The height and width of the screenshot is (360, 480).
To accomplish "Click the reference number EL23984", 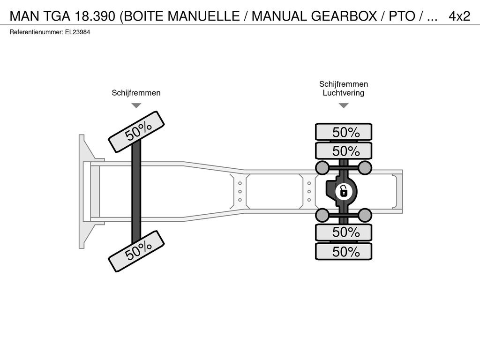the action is [77, 32].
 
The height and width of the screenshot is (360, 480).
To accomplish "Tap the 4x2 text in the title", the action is [459, 16].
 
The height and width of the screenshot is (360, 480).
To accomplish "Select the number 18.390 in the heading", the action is [95, 16].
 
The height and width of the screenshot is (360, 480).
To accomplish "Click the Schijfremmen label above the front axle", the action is [136, 93].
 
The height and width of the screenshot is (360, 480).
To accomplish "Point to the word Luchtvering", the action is [344, 93].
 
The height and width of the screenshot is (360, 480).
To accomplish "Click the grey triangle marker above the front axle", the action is [136, 105].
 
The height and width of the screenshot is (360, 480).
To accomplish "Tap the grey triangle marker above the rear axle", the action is [344, 105].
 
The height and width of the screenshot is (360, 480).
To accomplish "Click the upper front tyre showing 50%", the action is [136, 132].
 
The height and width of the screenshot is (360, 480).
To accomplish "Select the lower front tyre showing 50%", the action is [136, 251].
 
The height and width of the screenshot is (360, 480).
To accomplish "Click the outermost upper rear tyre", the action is [344, 132].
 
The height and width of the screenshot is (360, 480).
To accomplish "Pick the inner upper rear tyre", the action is [344, 151].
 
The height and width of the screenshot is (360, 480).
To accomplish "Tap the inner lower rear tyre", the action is [344, 232].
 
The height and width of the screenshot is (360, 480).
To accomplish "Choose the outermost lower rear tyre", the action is [344, 252].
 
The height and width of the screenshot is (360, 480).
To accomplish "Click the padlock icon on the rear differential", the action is [344, 192].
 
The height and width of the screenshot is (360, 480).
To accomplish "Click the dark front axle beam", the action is [136, 191].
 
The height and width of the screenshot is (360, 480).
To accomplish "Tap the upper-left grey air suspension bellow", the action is [322, 167].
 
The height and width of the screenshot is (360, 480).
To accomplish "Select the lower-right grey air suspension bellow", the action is [365, 215].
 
